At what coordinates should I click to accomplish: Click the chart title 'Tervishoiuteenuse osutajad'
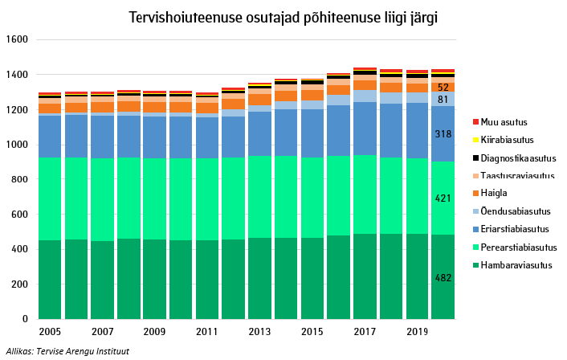[x=283, y=17]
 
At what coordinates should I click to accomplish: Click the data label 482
[x=443, y=278]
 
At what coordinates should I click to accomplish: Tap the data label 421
[x=443, y=198]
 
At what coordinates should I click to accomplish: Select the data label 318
[x=443, y=134]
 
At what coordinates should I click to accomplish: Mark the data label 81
[x=443, y=100]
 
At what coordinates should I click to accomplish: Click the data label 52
[x=443, y=87]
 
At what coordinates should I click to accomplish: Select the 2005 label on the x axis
[x=50, y=331]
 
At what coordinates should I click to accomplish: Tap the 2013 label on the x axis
[x=259, y=331]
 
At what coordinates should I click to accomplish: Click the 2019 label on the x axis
[x=417, y=331]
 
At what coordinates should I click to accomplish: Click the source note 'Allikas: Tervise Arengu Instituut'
[x=67, y=351]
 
